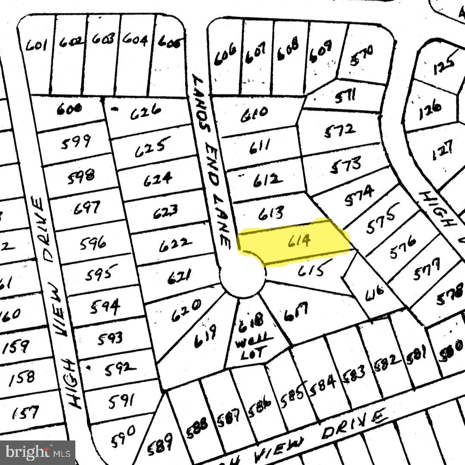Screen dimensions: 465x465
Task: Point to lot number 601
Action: coord(36,44)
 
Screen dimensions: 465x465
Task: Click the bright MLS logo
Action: coord(37,452)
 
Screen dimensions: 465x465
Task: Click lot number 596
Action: coord(93,244)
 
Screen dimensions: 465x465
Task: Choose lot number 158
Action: coord(22,378)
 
